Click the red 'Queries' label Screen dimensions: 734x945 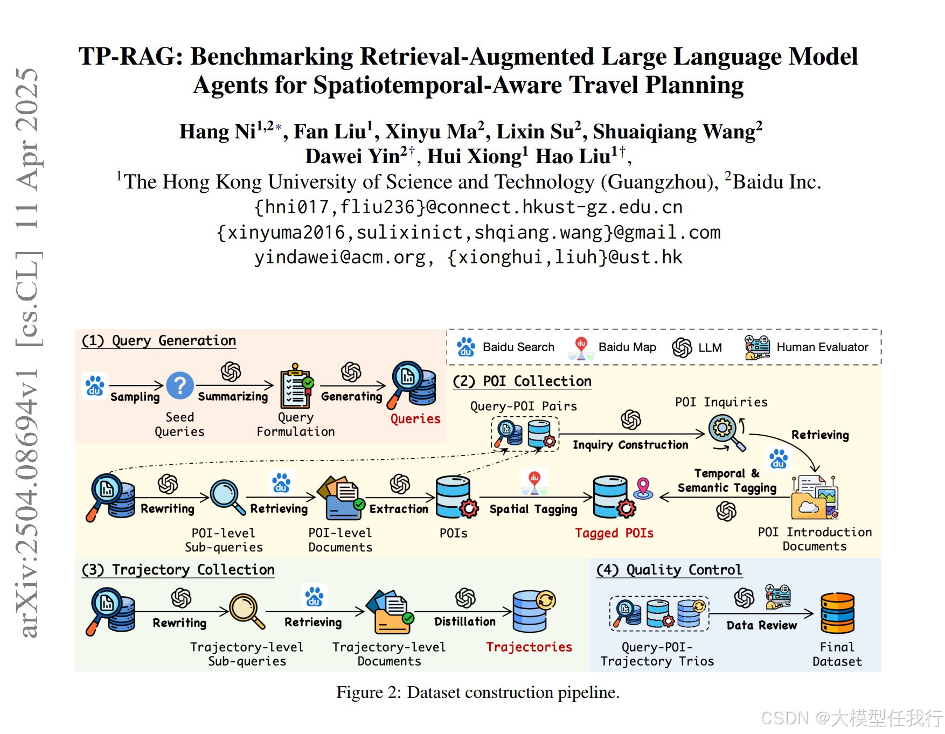(415, 419)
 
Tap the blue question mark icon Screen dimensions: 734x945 (180, 386)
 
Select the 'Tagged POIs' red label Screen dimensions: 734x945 (614, 533)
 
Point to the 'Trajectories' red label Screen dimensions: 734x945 (529, 647)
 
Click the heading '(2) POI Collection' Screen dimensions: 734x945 (522, 381)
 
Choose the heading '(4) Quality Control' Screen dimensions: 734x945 (669, 570)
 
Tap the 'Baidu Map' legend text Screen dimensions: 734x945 (627, 347)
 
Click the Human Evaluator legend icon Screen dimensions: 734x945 (757, 347)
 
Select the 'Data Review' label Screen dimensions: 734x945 (761, 625)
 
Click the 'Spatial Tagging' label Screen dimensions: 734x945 (533, 509)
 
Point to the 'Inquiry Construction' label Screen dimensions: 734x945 (630, 445)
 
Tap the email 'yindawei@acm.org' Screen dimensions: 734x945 (341, 257)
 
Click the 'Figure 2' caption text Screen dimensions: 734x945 (477, 692)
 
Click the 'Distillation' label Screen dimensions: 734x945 (464, 622)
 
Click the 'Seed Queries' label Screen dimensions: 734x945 (179, 424)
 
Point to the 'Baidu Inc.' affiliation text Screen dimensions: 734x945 (776, 182)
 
